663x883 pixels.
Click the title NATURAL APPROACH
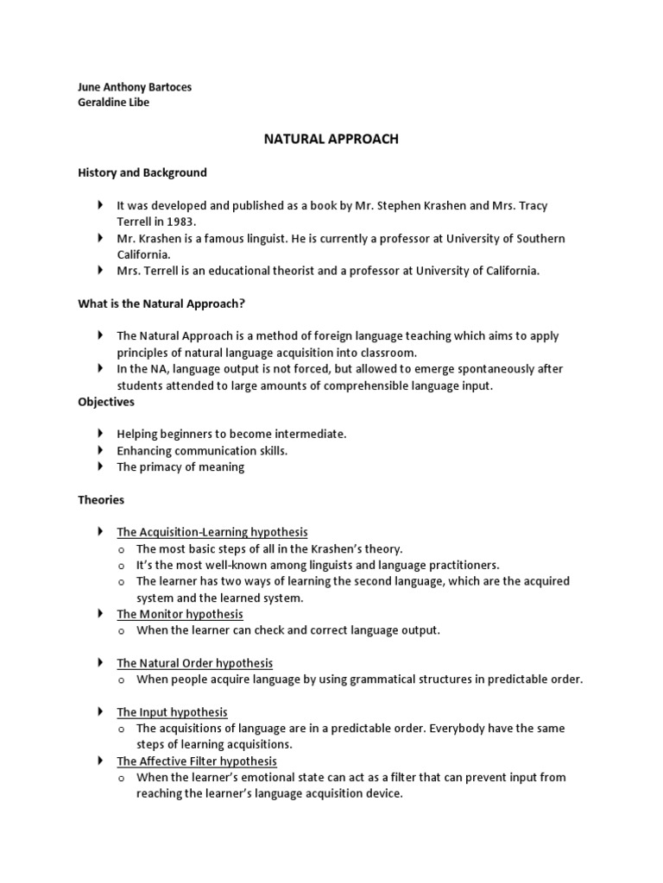click(331, 139)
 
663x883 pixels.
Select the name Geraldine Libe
click(113, 103)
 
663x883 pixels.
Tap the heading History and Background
click(142, 172)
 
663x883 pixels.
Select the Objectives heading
click(106, 402)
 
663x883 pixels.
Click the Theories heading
click(101, 499)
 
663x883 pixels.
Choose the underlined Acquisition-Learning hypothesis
click(212, 532)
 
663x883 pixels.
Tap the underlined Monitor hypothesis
click(180, 614)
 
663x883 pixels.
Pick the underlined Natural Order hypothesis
click(195, 663)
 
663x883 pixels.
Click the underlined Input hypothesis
click(173, 712)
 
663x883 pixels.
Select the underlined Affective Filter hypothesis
click(197, 761)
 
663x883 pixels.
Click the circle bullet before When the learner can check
click(123, 630)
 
